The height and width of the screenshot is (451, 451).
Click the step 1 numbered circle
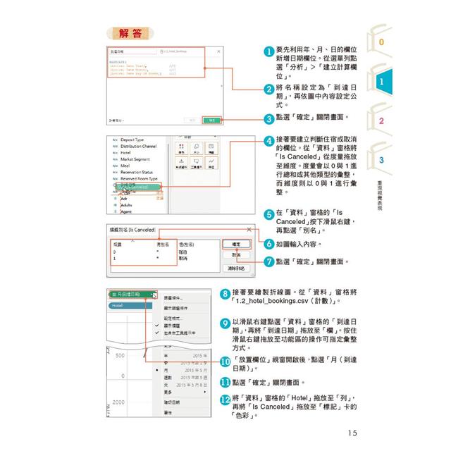tap(268, 51)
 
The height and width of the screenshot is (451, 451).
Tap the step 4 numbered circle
tap(268, 141)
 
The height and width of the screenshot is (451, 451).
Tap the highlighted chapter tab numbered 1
tap(381, 82)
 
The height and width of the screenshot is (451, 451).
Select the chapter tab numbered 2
tap(381, 121)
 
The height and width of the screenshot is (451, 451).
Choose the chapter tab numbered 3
tap(381, 161)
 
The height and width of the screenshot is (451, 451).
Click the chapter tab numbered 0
tap(381, 42)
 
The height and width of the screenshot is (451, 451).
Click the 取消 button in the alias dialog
tap(235, 255)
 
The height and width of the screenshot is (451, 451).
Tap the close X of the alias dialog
tap(248, 229)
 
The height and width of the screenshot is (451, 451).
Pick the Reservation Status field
tap(142, 172)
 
